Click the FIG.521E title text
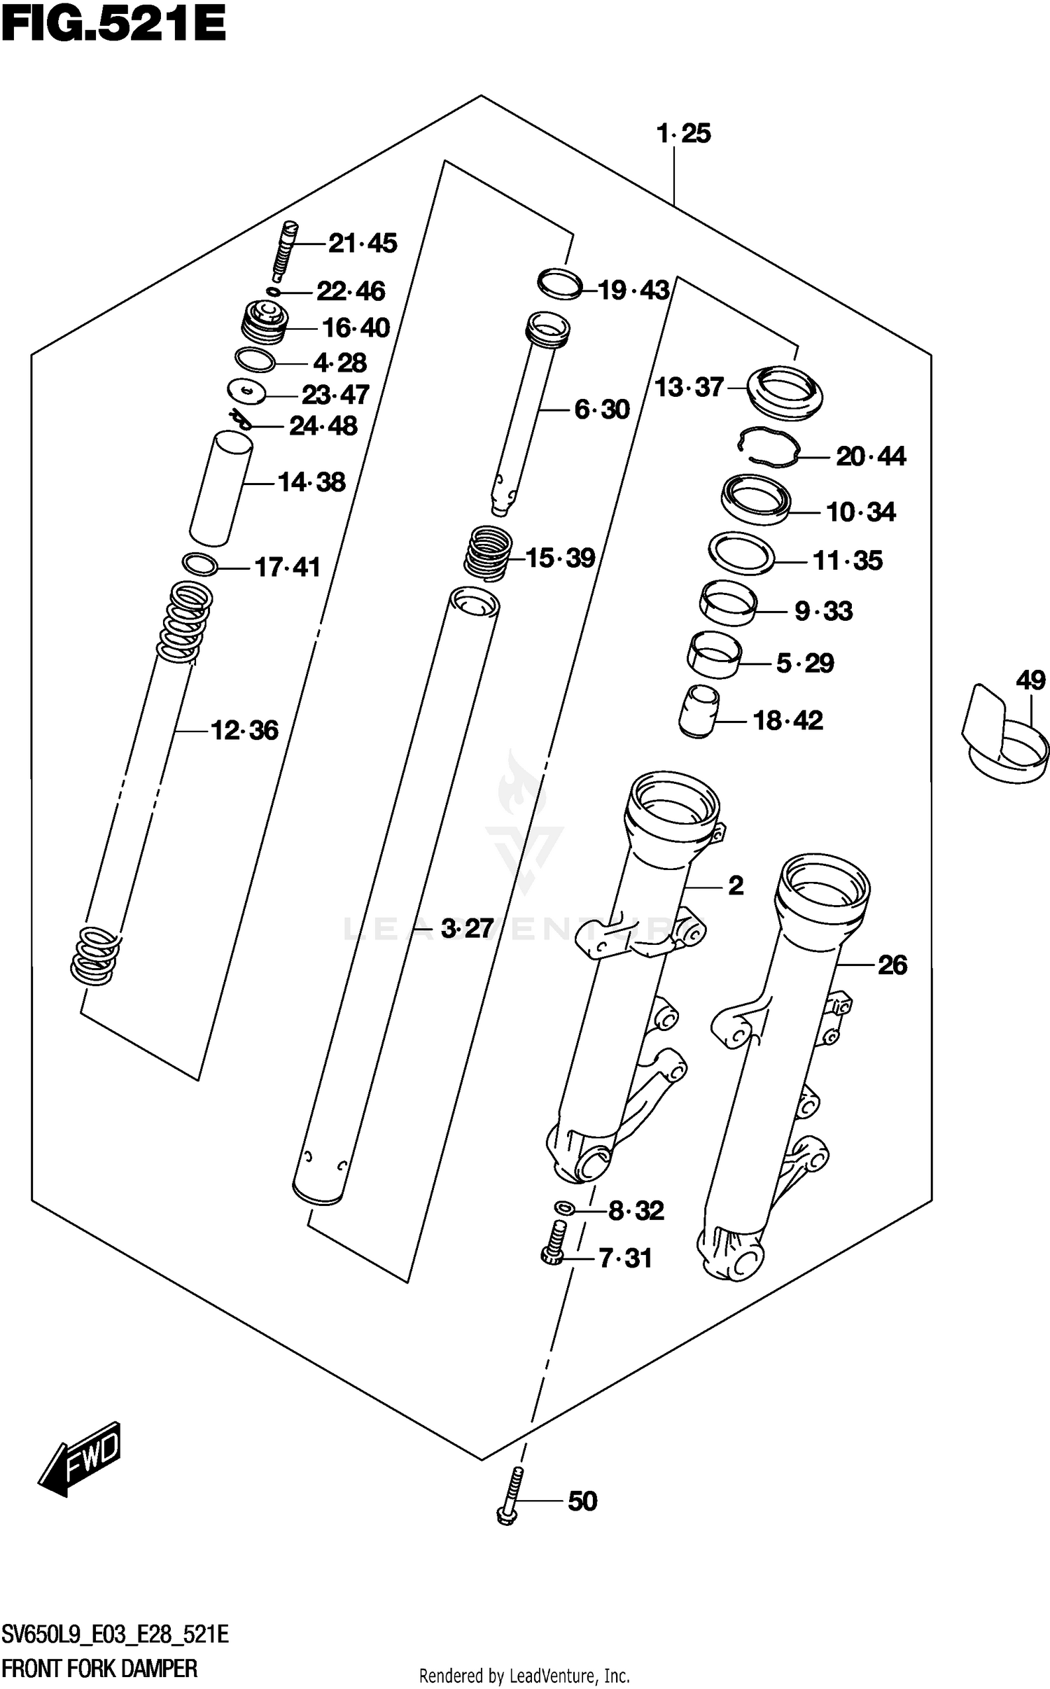pyautogui.click(x=113, y=26)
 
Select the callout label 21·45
pyautogui.click(x=363, y=244)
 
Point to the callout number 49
pyautogui.click(x=1030, y=680)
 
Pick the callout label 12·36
pyautogui.click(x=244, y=731)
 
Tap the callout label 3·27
pyautogui.click(x=467, y=929)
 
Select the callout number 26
pyautogui.click(x=892, y=965)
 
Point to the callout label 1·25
pyautogui.click(x=684, y=134)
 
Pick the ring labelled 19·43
pyautogui.click(x=560, y=283)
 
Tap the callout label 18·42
pyautogui.click(x=787, y=720)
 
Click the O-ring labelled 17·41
pyautogui.click(x=199, y=563)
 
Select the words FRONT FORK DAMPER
pyautogui.click(x=99, y=1668)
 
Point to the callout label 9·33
pyautogui.click(x=823, y=612)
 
